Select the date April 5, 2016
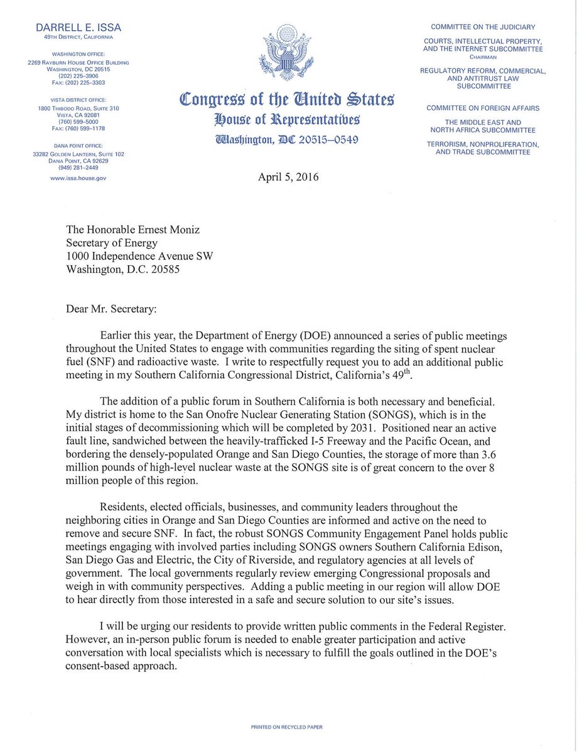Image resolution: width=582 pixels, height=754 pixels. point(289,177)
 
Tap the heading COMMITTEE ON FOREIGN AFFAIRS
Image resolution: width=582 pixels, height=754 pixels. point(482,108)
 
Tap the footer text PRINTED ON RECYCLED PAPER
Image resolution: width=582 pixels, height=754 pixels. point(287,727)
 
